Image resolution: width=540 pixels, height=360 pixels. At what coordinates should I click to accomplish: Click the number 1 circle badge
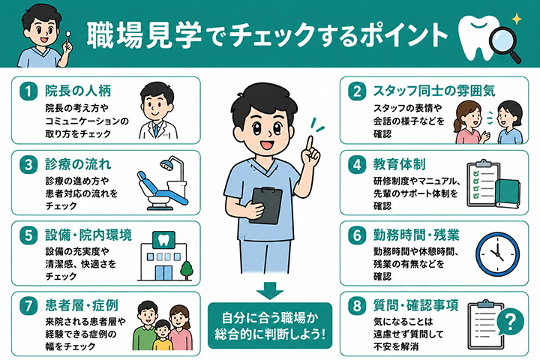click(28, 91)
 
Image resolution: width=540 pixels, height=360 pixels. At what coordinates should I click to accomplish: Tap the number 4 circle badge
click(357, 165)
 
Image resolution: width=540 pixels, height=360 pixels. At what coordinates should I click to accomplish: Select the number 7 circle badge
click(28, 306)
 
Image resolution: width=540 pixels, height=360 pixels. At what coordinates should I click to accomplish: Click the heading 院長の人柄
click(78, 91)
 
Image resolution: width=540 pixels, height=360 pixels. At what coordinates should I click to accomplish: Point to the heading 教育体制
click(400, 164)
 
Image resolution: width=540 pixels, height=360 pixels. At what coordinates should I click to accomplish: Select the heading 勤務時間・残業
click(416, 235)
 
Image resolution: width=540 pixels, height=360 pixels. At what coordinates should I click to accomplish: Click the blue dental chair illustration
click(163, 184)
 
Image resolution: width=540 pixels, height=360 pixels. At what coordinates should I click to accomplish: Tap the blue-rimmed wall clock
click(497, 254)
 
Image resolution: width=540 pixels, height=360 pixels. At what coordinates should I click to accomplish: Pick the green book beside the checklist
click(508, 193)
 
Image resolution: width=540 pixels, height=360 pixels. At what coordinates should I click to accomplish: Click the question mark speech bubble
click(511, 322)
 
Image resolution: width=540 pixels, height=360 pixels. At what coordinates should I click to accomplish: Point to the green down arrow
click(270, 290)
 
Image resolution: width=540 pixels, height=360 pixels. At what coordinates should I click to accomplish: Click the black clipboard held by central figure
click(265, 205)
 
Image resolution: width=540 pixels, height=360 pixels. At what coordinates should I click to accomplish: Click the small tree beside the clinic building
click(186, 271)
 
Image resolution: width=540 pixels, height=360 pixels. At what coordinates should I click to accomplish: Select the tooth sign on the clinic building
click(164, 240)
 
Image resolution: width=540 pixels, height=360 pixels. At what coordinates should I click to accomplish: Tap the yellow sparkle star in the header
click(516, 19)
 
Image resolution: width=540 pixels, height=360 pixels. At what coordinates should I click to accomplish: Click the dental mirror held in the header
click(68, 38)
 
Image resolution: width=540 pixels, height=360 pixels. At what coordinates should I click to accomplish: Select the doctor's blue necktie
click(157, 131)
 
